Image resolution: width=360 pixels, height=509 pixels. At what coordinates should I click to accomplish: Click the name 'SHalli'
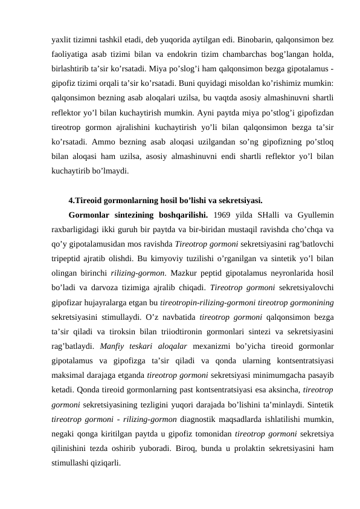coord(269,215)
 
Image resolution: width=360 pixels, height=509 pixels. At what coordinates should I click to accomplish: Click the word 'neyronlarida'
coord(288,273)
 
